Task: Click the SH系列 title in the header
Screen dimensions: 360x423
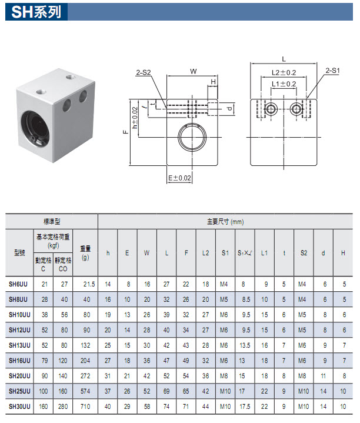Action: point(36,12)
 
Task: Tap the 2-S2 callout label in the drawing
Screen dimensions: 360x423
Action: point(143,72)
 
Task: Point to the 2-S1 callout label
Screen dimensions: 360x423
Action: point(332,71)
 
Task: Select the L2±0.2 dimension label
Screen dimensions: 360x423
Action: point(284,72)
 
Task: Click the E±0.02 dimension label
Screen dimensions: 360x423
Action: point(179,178)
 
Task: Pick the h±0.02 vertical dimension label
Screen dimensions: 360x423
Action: point(135,118)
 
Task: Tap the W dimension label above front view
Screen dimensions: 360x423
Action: point(194,72)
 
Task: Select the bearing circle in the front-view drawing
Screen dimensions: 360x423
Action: point(192,137)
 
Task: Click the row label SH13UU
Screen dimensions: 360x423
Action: point(19,345)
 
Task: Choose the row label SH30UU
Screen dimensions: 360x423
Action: point(19,407)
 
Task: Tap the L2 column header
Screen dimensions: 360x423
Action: point(206,253)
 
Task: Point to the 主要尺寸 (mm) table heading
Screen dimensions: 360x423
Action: point(225,222)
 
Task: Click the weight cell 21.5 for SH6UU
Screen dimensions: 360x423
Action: point(89,284)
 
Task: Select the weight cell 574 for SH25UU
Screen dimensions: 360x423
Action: point(85,391)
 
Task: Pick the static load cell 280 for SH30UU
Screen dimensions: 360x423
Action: point(63,407)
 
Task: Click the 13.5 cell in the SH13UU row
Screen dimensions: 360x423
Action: point(245,345)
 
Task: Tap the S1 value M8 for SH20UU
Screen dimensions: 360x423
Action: point(224,376)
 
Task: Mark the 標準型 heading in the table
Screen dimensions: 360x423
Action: point(52,221)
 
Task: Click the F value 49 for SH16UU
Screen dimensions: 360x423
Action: point(186,361)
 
